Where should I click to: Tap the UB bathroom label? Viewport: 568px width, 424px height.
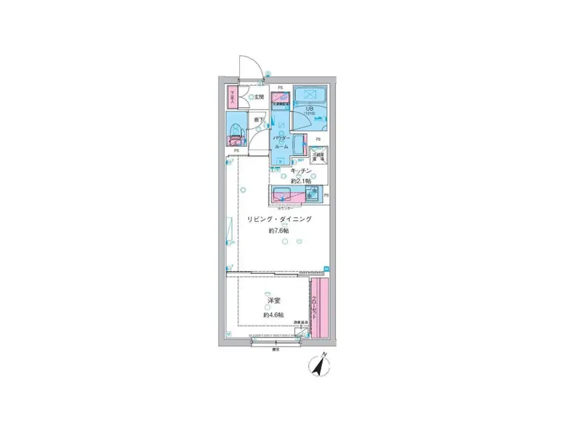310,109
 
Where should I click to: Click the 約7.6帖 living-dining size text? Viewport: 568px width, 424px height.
278,231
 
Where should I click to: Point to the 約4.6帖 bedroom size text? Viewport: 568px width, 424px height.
273,315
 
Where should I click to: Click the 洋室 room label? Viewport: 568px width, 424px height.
273,301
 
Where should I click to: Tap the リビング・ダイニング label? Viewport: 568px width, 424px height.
279,219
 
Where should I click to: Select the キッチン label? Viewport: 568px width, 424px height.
301,171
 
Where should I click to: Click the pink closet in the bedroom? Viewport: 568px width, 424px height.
320,308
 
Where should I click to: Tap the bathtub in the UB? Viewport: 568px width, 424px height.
309,95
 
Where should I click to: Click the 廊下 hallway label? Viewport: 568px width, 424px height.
259,121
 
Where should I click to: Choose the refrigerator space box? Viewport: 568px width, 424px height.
319,159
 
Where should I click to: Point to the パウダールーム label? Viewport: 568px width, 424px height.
281,141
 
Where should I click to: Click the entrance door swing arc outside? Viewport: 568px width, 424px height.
249,67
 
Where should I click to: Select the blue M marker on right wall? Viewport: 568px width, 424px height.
327,269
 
